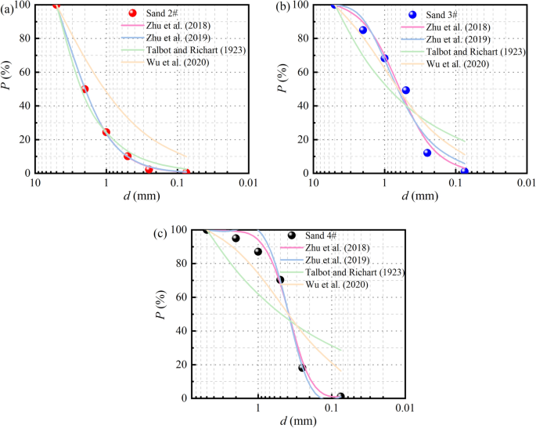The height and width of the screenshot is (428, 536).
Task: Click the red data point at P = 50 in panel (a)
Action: (x=85, y=89)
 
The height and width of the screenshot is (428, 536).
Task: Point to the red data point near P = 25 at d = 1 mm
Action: (x=106, y=131)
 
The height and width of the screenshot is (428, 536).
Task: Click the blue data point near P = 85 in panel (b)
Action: (x=363, y=31)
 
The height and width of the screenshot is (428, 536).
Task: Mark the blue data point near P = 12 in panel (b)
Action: (x=427, y=153)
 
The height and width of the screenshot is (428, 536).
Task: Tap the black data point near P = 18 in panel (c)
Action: (x=302, y=368)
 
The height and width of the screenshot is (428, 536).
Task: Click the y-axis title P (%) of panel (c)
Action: (x=160, y=313)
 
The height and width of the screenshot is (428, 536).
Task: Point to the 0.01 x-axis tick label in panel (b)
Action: (x=527, y=182)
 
